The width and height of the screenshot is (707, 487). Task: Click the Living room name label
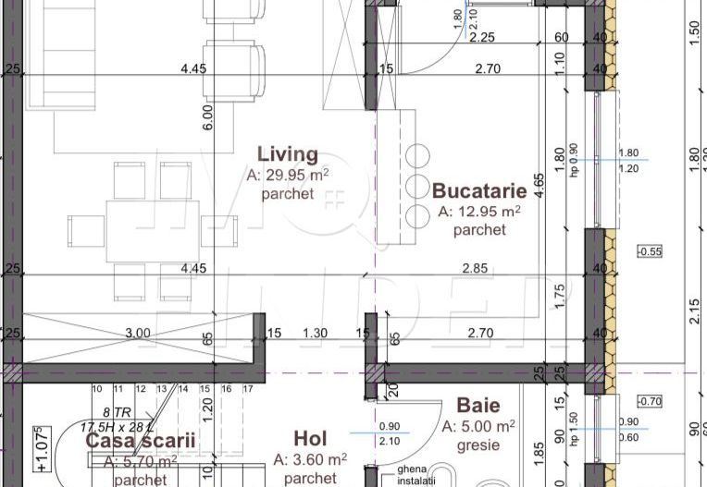288,154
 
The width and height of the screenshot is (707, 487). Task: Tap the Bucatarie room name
479,191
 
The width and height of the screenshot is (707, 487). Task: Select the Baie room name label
478,406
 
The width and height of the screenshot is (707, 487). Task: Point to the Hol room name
310,438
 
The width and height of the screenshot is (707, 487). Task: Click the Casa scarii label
140,441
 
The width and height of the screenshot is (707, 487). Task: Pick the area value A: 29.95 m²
288,175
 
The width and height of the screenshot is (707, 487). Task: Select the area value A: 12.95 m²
479,212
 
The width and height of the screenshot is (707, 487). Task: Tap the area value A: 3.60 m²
310,458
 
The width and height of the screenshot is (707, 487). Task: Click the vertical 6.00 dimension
208,116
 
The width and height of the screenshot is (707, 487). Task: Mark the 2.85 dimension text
474,269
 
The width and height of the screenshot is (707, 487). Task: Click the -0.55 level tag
651,251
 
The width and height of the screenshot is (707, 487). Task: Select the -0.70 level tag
651,401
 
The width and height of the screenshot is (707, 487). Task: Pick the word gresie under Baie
478,445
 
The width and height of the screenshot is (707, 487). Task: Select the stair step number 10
95,389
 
